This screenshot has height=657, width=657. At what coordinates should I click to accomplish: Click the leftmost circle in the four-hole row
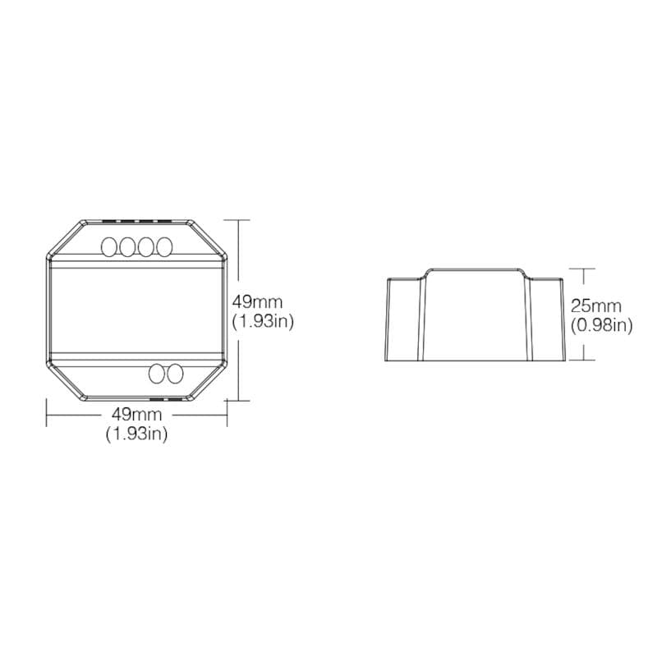pyautogui.click(x=109, y=246)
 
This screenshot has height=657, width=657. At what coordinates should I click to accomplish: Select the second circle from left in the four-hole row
pyautogui.click(x=127, y=246)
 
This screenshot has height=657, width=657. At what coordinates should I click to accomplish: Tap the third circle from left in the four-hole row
pyautogui.click(x=146, y=246)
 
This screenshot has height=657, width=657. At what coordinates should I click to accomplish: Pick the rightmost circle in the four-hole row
pyautogui.click(x=164, y=246)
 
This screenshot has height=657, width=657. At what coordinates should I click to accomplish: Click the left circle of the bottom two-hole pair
pyautogui.click(x=156, y=374)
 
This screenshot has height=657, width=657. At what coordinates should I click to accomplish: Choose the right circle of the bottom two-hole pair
pyautogui.click(x=173, y=374)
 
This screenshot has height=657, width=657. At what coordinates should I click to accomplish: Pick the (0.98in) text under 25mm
pyautogui.click(x=601, y=325)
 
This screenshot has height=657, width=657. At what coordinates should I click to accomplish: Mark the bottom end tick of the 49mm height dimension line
pyautogui.click(x=237, y=400)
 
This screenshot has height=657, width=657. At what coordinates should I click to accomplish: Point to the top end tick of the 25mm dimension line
pyautogui.click(x=583, y=268)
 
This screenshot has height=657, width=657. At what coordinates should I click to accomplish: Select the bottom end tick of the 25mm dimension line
pyautogui.click(x=583, y=361)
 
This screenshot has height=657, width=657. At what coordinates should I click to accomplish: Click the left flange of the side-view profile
pyautogui.click(x=404, y=320)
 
